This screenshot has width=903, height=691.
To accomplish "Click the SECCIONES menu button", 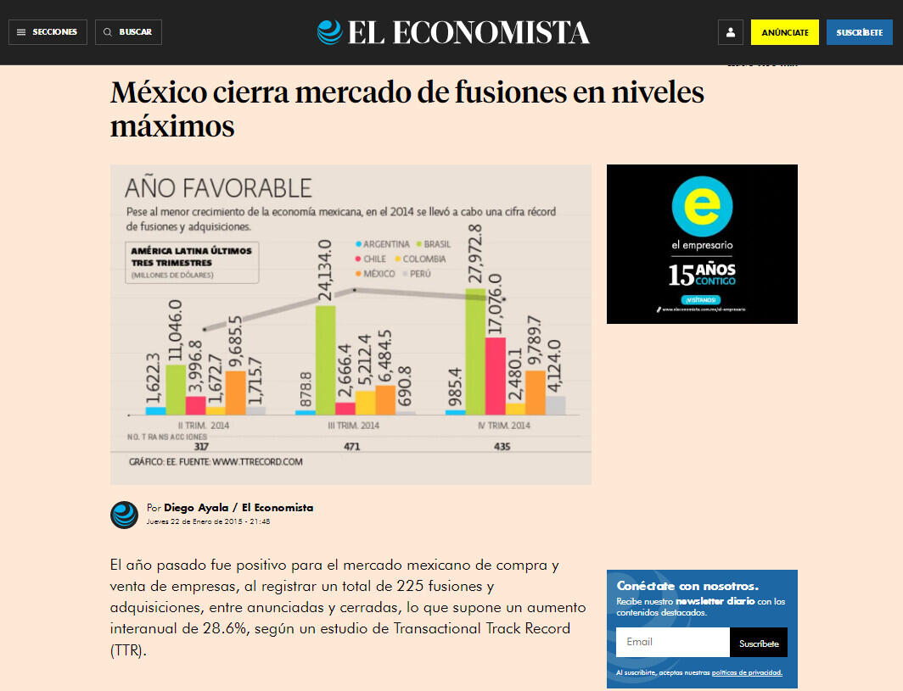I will click(48, 32).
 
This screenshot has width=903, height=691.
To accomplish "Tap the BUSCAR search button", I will click(128, 32).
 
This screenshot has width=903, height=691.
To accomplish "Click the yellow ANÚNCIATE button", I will click(784, 32).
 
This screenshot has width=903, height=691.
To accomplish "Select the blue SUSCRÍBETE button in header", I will click(859, 32).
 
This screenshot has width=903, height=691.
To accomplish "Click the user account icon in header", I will click(730, 32).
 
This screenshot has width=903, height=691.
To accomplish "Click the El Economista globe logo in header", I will click(329, 32).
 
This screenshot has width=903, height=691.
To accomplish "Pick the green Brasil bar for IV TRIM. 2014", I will click(475, 351).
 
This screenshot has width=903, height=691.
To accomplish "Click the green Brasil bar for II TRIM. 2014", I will click(176, 389).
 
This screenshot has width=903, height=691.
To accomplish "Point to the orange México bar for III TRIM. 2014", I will click(385, 399).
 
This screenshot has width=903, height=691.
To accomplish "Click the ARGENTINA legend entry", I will click(381, 244).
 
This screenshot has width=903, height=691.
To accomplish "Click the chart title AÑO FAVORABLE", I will click(218, 187).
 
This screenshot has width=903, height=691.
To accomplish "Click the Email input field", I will click(672, 642).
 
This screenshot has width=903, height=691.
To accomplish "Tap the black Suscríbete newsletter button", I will click(758, 643).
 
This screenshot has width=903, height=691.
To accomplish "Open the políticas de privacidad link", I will click(747, 672).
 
